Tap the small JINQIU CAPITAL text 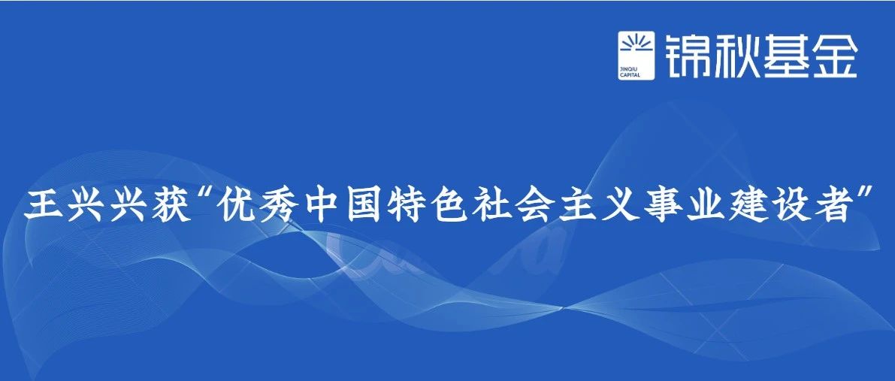[630, 71]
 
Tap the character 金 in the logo [833, 56]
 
